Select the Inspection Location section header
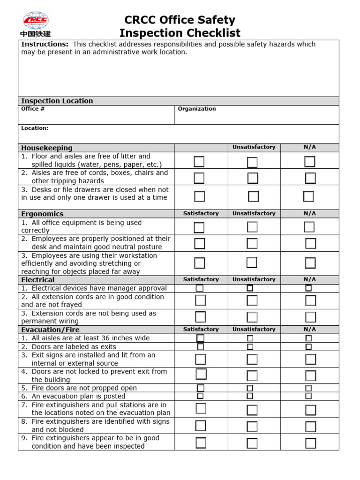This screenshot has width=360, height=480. tap(57, 101)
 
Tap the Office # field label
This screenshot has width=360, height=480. tap(33, 109)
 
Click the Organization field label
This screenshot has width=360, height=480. tap(197, 109)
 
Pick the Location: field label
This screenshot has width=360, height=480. tap(35, 128)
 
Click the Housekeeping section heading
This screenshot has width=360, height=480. tap(47, 148)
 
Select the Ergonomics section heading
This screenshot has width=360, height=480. tap(42, 214)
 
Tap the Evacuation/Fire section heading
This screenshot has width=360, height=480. tap(50, 330)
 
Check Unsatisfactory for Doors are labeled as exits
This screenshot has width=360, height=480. tap(250, 347)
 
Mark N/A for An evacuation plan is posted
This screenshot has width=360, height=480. tap(308, 396)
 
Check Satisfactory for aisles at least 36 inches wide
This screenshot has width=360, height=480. tap(201, 338)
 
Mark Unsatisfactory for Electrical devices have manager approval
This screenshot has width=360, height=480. tap(250, 288)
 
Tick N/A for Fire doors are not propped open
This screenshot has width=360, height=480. tap(308, 388)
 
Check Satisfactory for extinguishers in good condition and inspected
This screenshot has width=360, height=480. tap(201, 442)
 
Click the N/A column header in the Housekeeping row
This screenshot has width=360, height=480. tap(310, 147)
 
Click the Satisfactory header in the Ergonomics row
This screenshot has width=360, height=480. tap(201, 213)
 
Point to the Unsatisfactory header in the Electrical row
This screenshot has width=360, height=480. tap(254, 279)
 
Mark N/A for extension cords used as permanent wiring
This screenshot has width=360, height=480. tap(310, 317)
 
